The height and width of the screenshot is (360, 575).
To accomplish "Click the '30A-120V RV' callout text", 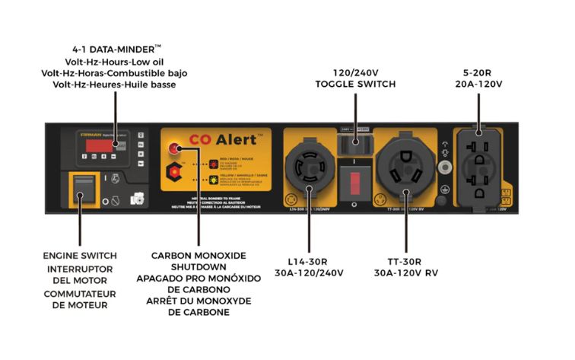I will [x=406, y=272].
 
